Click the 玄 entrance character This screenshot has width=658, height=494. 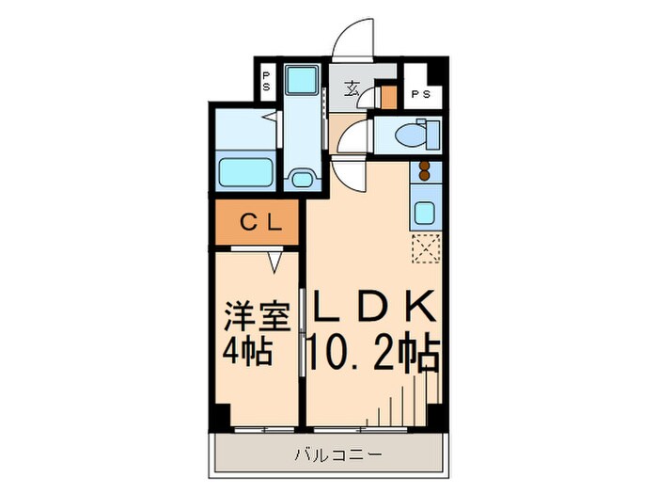(352, 91)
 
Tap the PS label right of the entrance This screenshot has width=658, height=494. (420, 94)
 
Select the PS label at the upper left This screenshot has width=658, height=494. (266, 81)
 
